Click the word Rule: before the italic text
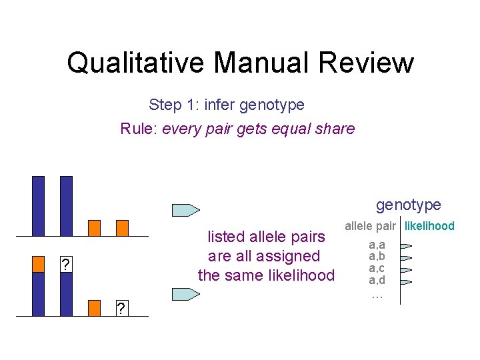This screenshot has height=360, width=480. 138,129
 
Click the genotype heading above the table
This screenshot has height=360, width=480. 408,205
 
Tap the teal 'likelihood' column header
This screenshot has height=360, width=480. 429,226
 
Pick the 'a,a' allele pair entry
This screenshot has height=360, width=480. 377,245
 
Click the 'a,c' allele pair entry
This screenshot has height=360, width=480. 377,269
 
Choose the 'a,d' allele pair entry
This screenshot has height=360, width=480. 377,281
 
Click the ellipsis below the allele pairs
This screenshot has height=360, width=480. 377,293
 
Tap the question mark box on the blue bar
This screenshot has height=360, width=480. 65,265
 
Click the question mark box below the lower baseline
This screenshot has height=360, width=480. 121,309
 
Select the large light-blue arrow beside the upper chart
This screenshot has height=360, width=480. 186,210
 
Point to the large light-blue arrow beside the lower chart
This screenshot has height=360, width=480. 186,293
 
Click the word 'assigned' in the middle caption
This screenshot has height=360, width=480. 292,256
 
